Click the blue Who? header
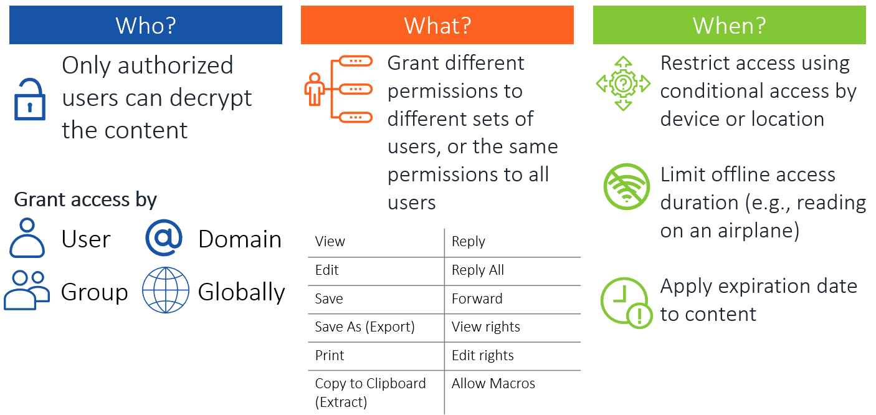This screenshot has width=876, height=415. [145, 25]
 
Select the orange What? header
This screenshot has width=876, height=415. [437, 25]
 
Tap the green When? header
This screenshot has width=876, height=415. [730, 25]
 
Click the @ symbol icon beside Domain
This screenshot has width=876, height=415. [164, 237]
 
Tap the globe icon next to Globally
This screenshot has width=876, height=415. [166, 290]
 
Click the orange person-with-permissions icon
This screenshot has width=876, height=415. [338, 90]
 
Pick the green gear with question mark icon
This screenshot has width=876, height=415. [624, 83]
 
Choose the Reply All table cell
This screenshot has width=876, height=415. [513, 270]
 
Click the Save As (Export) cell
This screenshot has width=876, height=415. [376, 327]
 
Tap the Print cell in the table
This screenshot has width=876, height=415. [376, 356]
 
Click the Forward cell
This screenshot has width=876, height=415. [513, 299]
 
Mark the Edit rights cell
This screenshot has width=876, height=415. [513, 356]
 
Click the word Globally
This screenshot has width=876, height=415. [241, 292]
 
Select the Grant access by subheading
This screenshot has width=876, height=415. [85, 200]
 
